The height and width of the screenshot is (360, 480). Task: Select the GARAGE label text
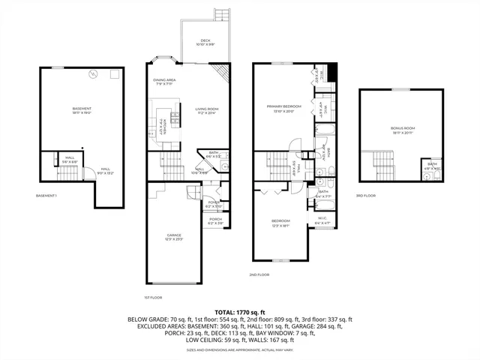point(174,236)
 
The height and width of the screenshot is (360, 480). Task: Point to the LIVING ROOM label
point(206,111)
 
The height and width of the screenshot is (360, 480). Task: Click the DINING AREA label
point(164,81)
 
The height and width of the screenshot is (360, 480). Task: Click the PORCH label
point(215,220)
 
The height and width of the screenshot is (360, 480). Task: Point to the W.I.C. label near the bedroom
point(322,220)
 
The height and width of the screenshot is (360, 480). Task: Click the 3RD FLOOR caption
point(365,196)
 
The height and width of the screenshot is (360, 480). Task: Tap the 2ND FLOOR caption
point(259,275)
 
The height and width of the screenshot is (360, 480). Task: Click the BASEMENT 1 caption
point(46,196)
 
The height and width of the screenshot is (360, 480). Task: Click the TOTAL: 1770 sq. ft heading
point(239,311)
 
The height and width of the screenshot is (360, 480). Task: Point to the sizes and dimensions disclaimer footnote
point(239,349)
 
